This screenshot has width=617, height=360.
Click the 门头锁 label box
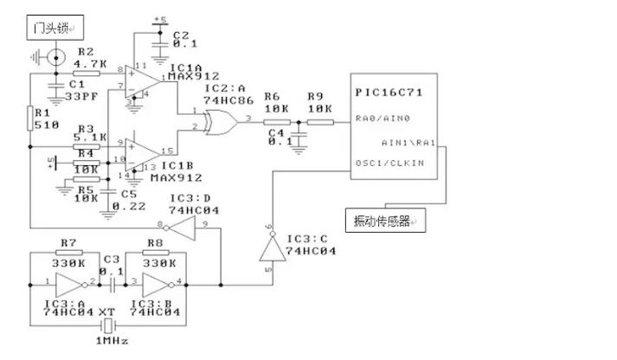49,29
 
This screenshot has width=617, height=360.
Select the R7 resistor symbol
73,254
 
